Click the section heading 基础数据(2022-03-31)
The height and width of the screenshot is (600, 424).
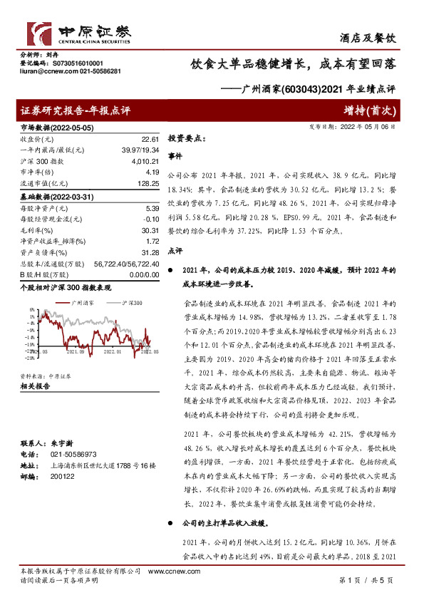coord(54,195)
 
